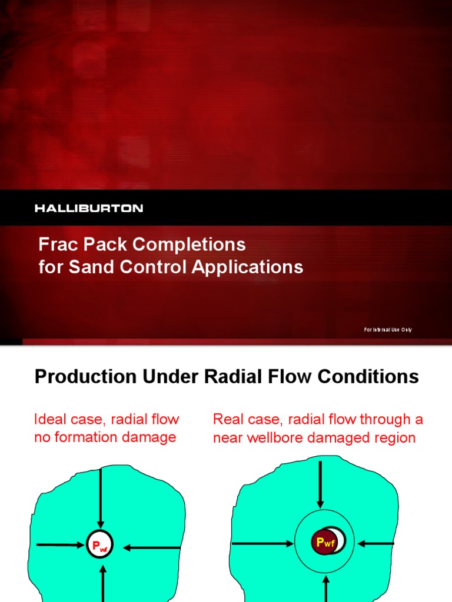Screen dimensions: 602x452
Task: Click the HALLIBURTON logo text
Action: coord(89,208)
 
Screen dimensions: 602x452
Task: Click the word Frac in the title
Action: coord(54,243)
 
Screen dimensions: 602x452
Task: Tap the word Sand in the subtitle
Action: coord(87,267)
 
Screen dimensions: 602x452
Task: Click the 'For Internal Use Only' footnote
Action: coord(387,330)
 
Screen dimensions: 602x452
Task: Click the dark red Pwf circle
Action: coord(325,543)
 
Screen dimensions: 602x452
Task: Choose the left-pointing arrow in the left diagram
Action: coord(151,547)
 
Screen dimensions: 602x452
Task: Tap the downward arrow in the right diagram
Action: coord(320,485)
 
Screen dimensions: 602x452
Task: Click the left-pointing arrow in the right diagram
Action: coord(377,543)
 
